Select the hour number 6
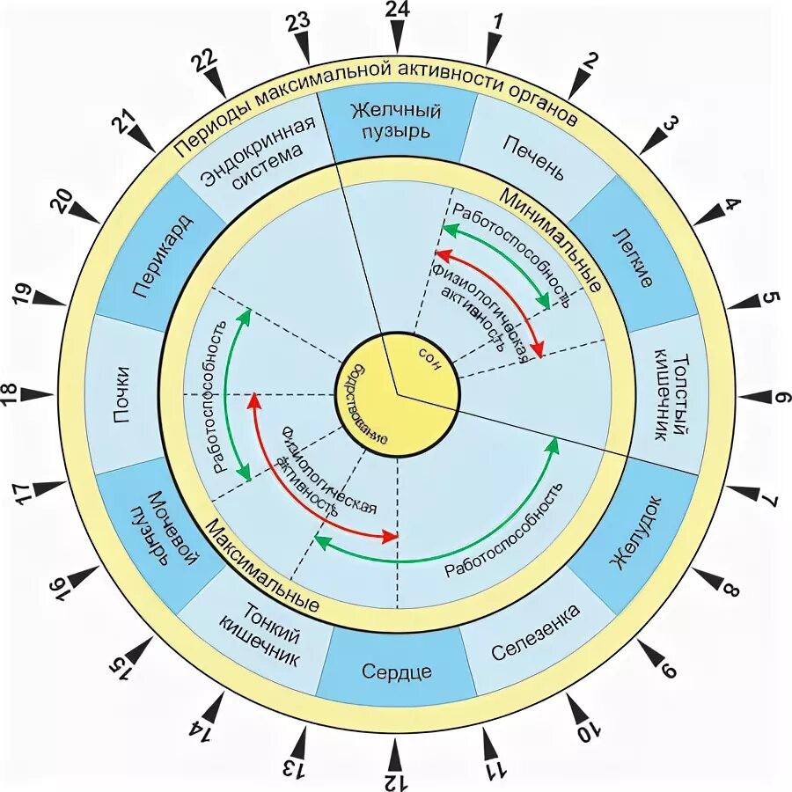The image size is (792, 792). (x=780, y=397)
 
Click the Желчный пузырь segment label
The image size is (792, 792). (x=395, y=121)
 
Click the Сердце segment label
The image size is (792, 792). (x=396, y=671)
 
